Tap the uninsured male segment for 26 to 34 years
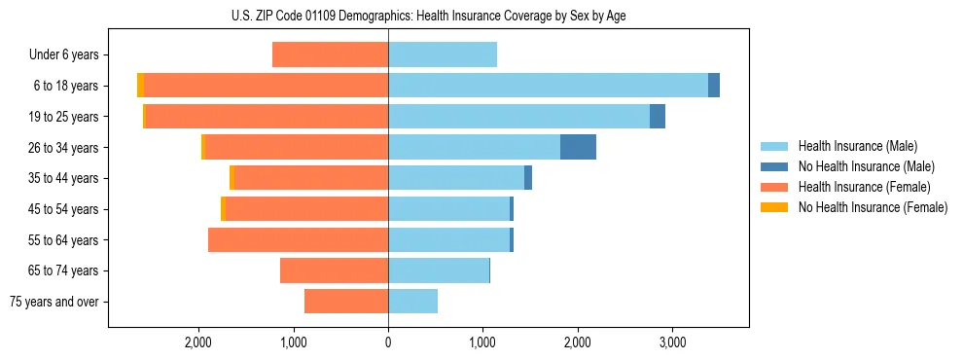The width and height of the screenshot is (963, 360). [x=578, y=147]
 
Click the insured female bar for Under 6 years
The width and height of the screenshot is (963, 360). [x=330, y=54]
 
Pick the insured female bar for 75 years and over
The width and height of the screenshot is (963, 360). [x=346, y=302]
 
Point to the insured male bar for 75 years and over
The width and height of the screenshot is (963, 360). [x=412, y=302]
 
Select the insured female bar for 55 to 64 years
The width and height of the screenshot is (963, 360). [x=298, y=239]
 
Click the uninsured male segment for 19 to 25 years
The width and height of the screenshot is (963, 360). [x=658, y=117]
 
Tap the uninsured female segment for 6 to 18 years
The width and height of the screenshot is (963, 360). [x=141, y=86]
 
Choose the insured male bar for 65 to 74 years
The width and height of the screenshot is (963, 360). [x=438, y=270]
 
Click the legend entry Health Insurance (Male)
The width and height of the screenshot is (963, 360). [x=856, y=146]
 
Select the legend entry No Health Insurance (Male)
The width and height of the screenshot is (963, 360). [x=866, y=166]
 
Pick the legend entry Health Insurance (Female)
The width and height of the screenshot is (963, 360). [x=864, y=187]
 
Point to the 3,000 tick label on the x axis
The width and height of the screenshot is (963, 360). [x=672, y=342]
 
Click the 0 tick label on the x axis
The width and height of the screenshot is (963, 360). [x=388, y=342]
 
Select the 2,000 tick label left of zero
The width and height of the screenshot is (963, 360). [x=198, y=342]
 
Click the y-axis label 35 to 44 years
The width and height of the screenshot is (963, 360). [x=63, y=178]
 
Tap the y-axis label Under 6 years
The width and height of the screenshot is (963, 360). [x=63, y=55]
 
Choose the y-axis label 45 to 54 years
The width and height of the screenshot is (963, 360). [x=63, y=209]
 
